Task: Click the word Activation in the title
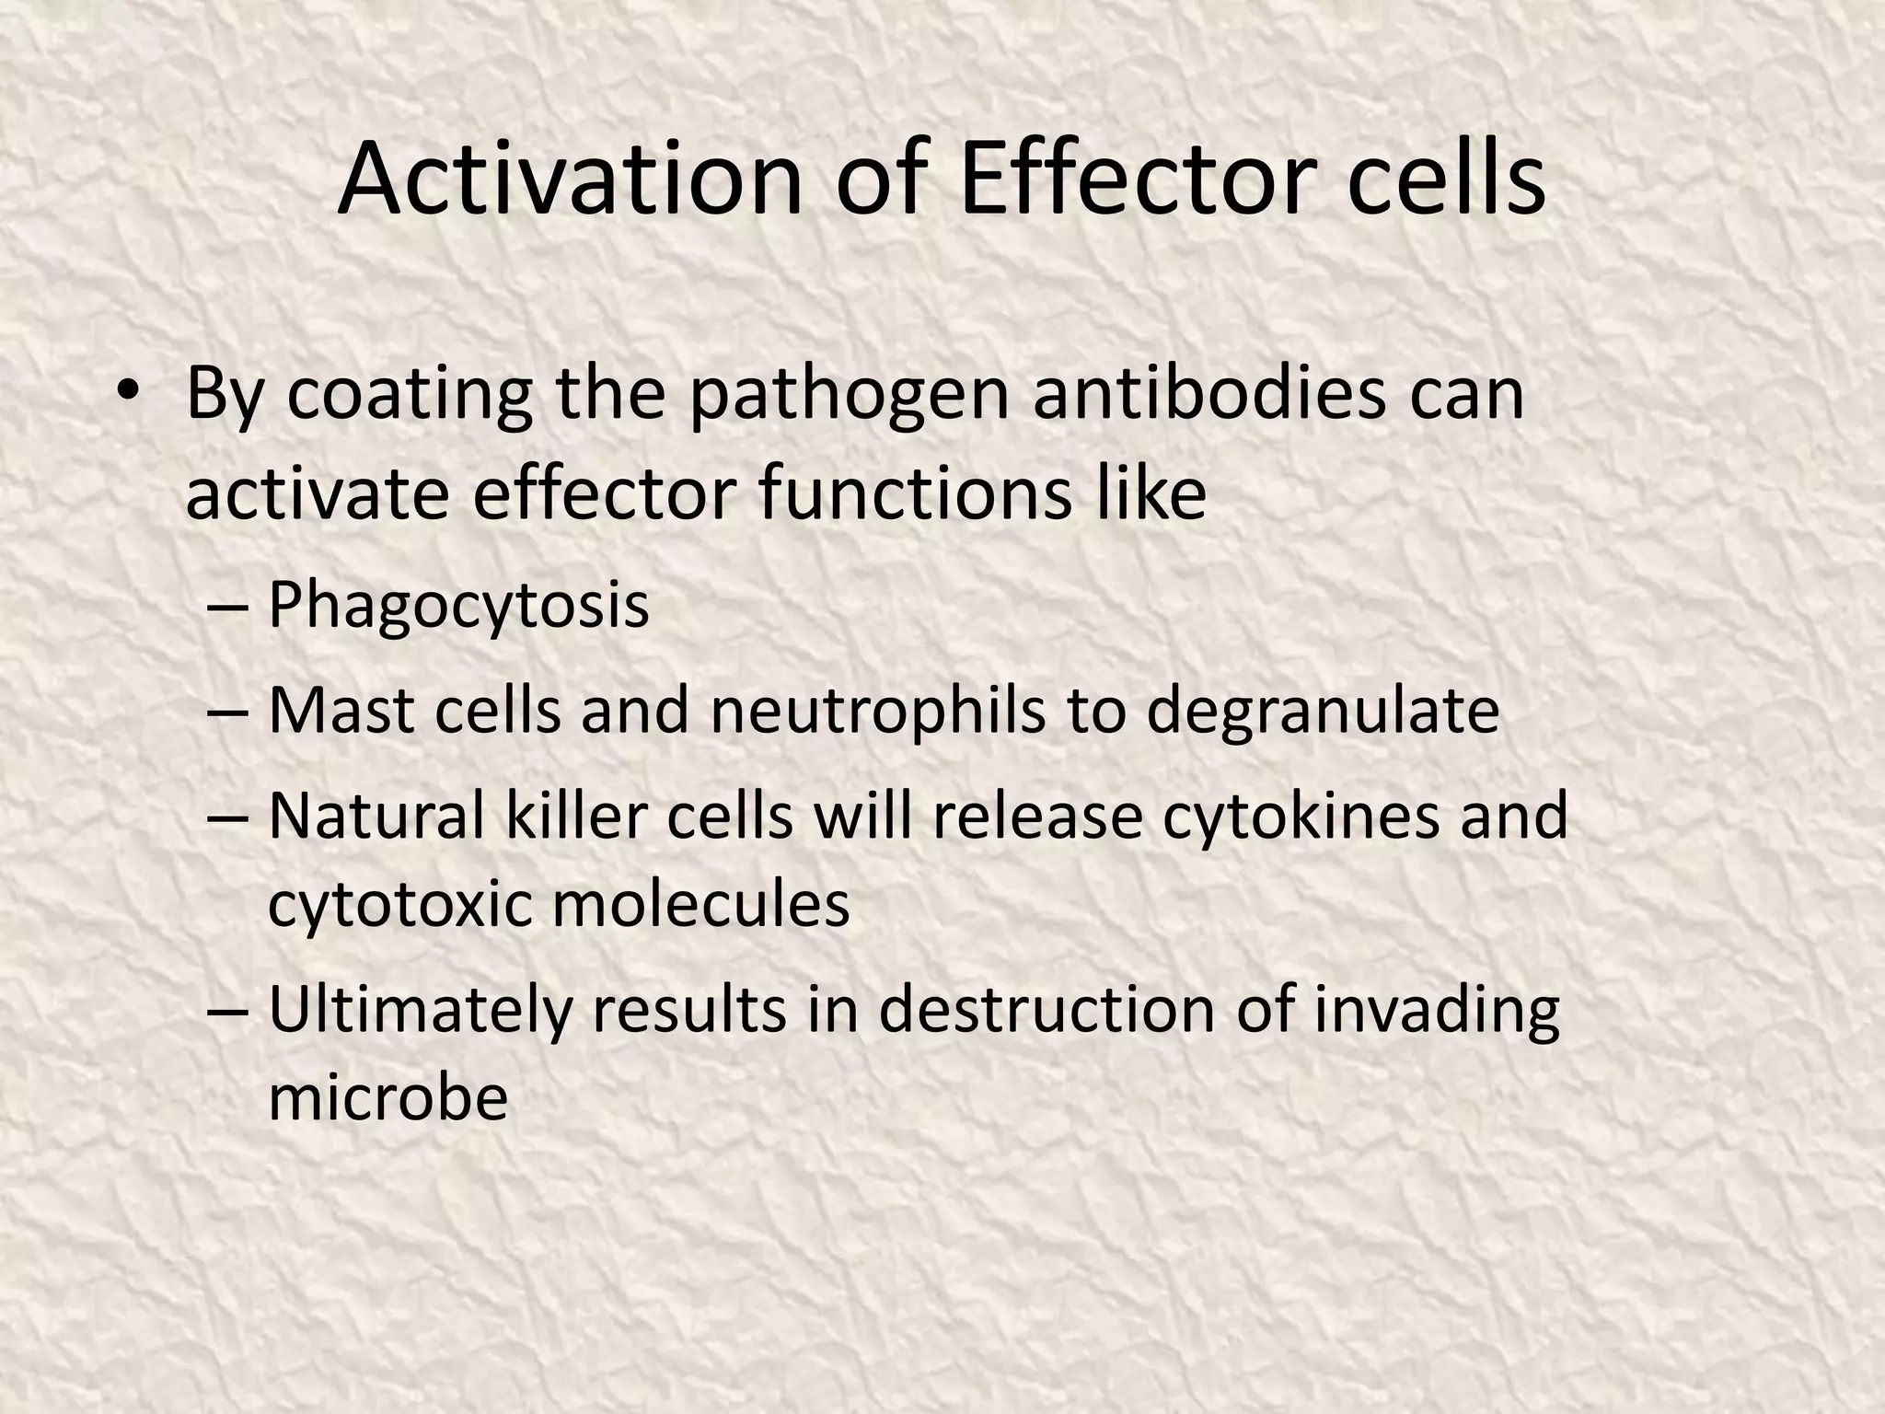pyautogui.click(x=570, y=180)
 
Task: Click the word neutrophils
pyautogui.click(x=879, y=713)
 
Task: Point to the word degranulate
pyautogui.click(x=1323, y=713)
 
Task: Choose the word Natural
pyautogui.click(x=376, y=816)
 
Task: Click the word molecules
pyautogui.click(x=700, y=904)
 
